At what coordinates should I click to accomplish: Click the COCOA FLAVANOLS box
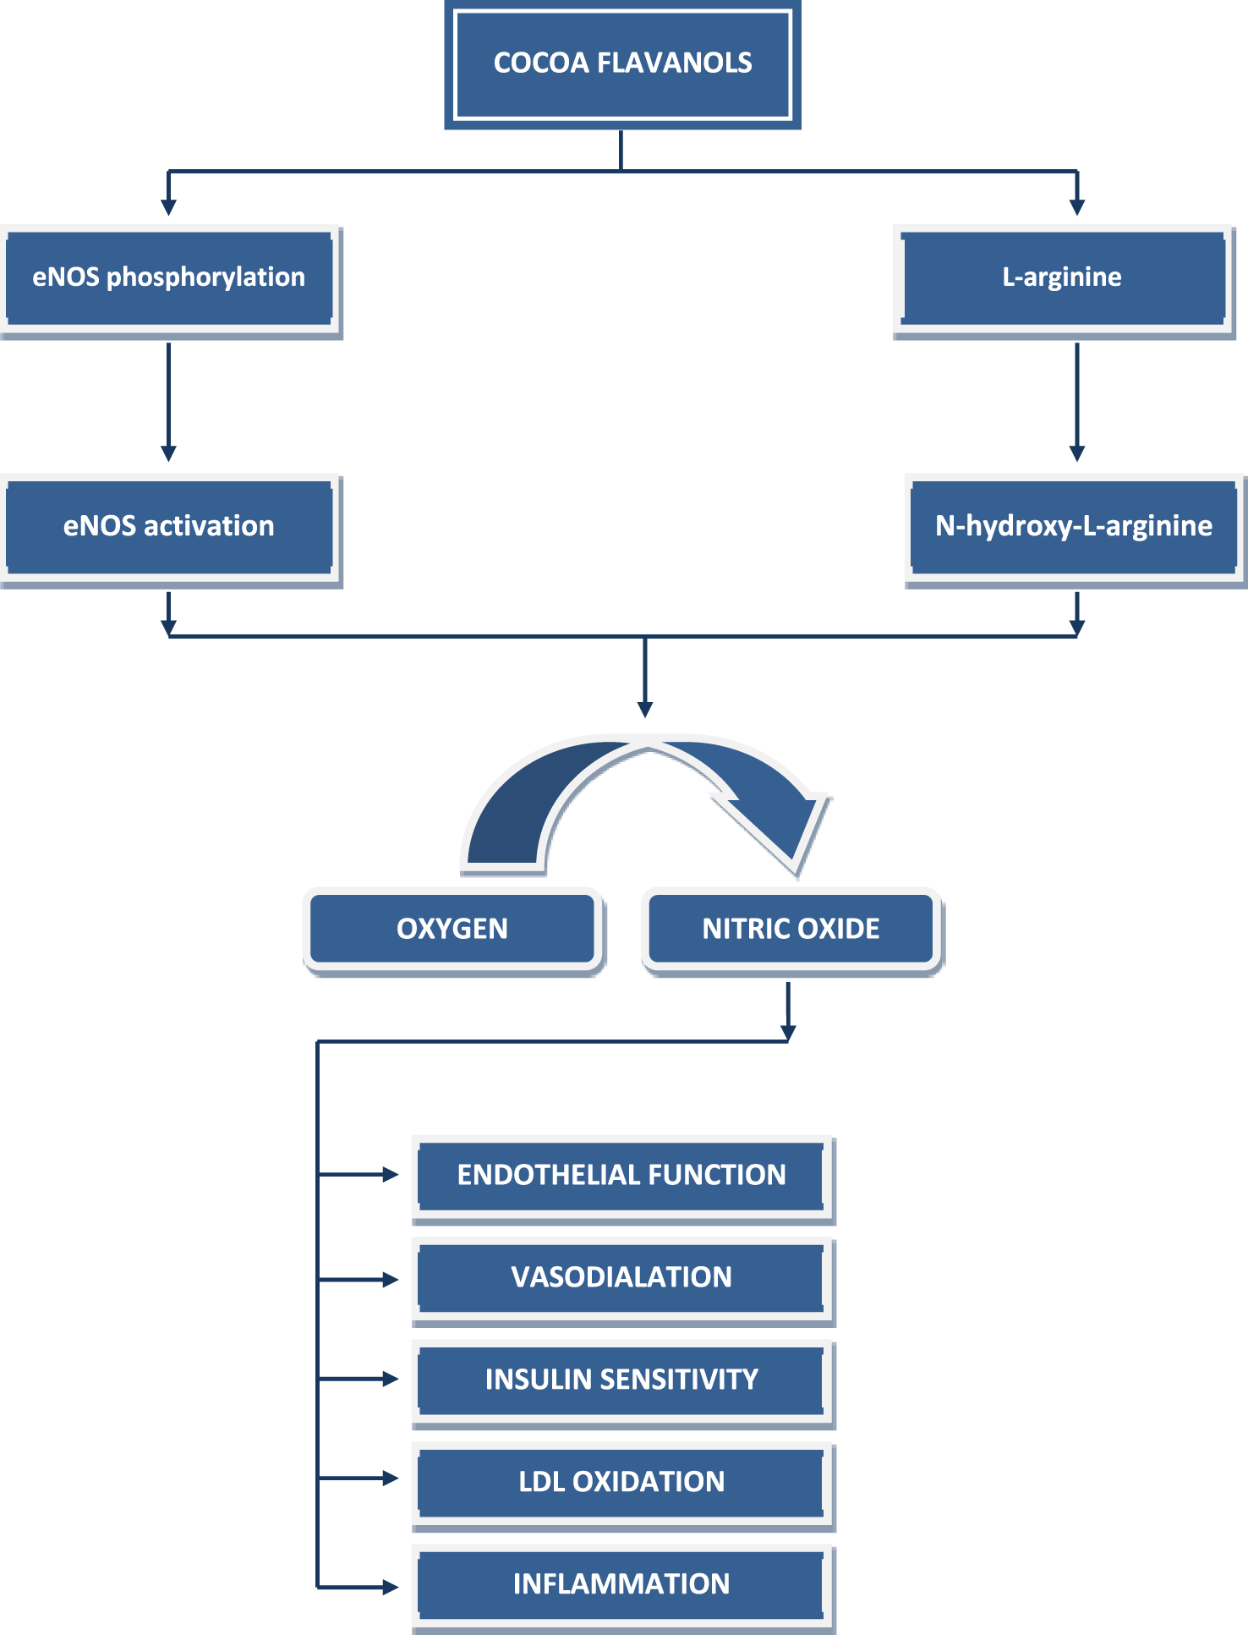pyautogui.click(x=622, y=63)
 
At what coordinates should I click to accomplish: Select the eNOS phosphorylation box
pyautogui.click(x=169, y=277)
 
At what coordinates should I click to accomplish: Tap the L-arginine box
pyautogui.click(x=1063, y=277)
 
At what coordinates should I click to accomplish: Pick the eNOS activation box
pyautogui.click(x=169, y=526)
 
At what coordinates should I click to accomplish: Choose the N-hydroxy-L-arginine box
pyautogui.click(x=1074, y=526)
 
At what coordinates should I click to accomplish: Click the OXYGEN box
pyautogui.click(x=452, y=929)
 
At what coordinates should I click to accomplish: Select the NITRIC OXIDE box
pyautogui.click(x=791, y=929)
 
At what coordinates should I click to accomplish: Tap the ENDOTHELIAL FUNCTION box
pyautogui.click(x=621, y=1175)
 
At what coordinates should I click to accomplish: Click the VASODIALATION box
pyautogui.click(x=621, y=1277)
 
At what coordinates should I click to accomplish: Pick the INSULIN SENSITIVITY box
pyautogui.click(x=621, y=1380)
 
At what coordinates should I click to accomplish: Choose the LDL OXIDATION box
pyautogui.click(x=621, y=1482)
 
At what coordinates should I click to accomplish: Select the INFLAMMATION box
pyautogui.click(x=621, y=1584)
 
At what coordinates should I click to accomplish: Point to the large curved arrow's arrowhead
pyautogui.click(x=782, y=833)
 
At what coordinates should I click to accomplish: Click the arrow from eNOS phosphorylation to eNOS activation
pyautogui.click(x=168, y=402)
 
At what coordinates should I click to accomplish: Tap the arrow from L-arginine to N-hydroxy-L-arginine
pyautogui.click(x=1076, y=402)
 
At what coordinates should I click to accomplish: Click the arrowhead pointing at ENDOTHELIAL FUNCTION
pyautogui.click(x=390, y=1175)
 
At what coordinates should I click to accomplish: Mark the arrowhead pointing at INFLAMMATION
pyautogui.click(x=390, y=1588)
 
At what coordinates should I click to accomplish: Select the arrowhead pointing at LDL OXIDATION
pyautogui.click(x=390, y=1479)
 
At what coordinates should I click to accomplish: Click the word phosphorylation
pyautogui.click(x=205, y=277)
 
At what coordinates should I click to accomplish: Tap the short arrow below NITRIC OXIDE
pyautogui.click(x=788, y=1011)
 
